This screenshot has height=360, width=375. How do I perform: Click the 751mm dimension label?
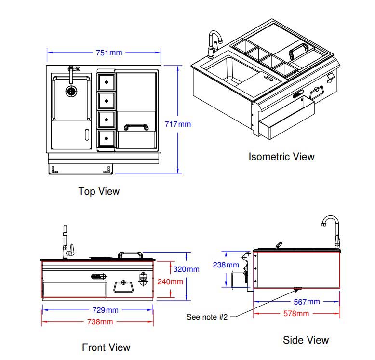click(109, 53)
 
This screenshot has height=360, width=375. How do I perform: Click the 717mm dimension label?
click(178, 124)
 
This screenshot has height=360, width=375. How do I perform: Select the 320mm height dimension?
click(186, 269)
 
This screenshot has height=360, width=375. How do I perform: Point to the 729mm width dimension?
click(105, 310)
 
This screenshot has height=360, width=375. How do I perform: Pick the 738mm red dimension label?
click(98, 321)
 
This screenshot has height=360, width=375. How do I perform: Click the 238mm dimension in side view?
click(226, 265)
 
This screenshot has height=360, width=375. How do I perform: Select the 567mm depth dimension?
click(307, 302)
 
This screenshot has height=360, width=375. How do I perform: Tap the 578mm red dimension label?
click(296, 314)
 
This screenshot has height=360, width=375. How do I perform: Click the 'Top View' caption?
click(99, 191)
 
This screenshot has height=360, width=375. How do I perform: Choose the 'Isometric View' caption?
click(281, 156)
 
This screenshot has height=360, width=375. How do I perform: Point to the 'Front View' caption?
click(106, 347)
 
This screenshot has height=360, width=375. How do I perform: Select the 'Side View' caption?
click(306, 340)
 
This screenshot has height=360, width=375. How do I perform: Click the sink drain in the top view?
click(71, 90)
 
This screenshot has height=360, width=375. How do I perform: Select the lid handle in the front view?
click(129, 253)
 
